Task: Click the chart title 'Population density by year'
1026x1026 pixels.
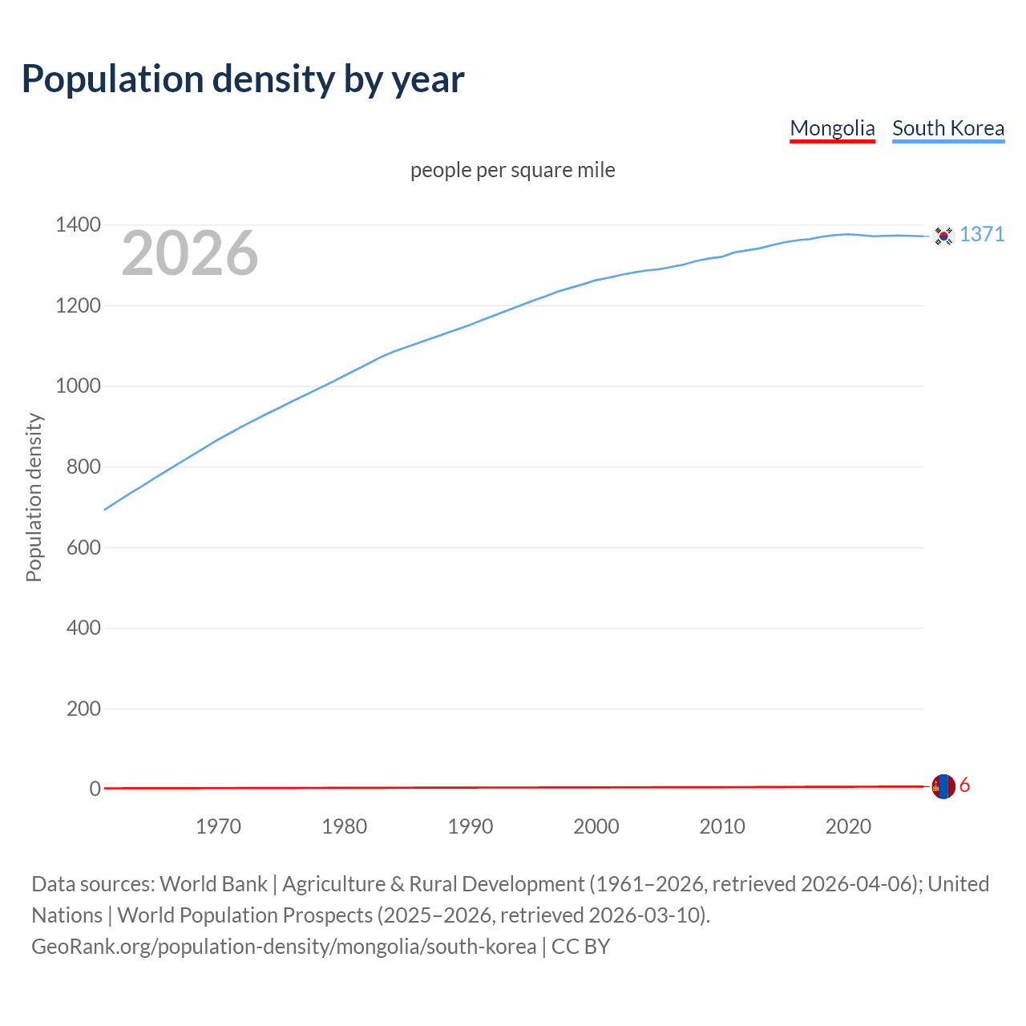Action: coord(243,79)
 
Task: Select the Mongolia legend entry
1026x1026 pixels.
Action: coord(832,128)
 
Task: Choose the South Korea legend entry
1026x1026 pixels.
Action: coord(947,128)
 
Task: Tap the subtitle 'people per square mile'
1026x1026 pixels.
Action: coord(512,171)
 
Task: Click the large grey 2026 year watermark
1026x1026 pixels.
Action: coord(190,253)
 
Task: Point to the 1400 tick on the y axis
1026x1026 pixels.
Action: coord(78,225)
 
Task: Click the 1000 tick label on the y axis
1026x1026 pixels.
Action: coord(78,386)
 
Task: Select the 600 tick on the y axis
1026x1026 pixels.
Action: coord(83,547)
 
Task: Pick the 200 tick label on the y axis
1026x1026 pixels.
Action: coord(83,709)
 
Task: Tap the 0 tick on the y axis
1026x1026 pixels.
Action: coord(95,790)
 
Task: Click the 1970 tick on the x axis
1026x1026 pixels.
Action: coord(218,826)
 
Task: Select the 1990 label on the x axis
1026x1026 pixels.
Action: coord(471,826)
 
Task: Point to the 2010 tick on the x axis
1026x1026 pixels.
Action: coord(722,826)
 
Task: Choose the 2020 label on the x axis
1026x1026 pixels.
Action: coord(848,826)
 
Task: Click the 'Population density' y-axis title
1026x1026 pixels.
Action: coord(34,497)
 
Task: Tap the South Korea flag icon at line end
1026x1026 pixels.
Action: coord(943,236)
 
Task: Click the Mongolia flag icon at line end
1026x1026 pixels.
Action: coord(943,786)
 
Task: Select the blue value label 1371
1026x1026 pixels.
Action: coord(982,234)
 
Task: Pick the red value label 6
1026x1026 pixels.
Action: coord(964,786)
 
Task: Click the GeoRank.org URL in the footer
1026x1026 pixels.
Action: coord(284,947)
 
